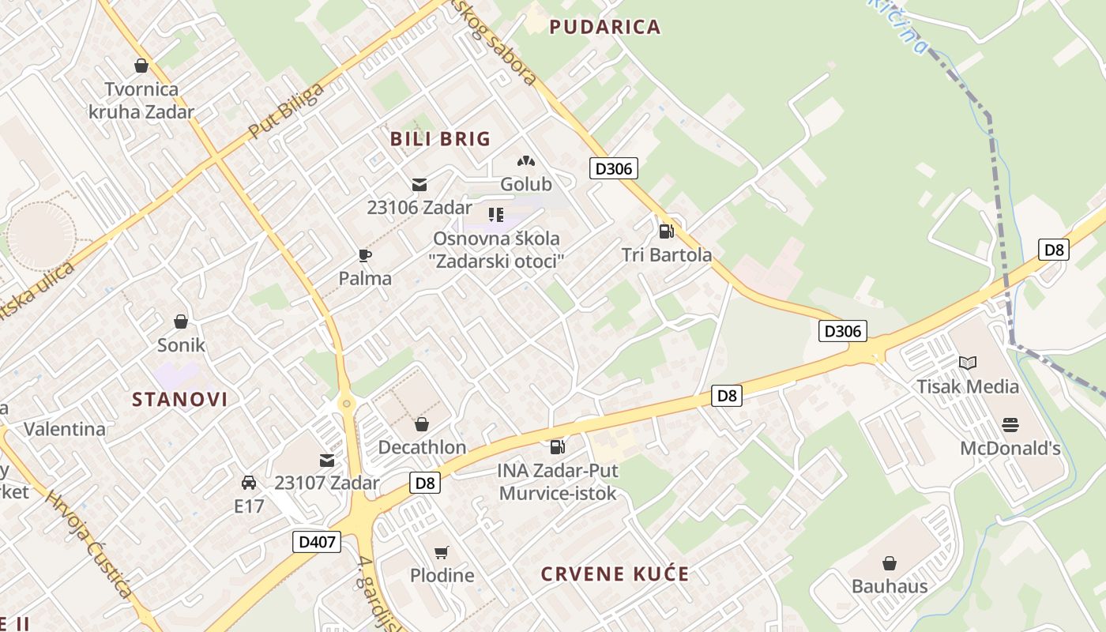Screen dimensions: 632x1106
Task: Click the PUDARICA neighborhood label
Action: (604, 27)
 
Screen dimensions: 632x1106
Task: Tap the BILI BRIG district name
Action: (440, 139)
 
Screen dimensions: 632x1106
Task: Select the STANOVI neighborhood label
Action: (179, 399)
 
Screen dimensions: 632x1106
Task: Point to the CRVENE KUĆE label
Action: (615, 574)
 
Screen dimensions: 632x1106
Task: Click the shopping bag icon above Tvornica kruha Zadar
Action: (141, 66)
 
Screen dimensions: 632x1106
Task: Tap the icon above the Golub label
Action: (525, 161)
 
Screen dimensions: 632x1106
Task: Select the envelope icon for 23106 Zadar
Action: (419, 185)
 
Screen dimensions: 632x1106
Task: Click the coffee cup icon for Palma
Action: (364, 255)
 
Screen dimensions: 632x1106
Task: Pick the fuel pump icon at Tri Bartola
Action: (666, 231)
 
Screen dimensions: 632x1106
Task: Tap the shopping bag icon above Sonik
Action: (181, 322)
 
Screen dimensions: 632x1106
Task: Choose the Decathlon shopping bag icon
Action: (422, 424)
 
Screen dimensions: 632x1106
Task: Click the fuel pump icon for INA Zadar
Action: (557, 447)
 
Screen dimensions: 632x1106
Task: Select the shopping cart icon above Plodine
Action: (442, 552)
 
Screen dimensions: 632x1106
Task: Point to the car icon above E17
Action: (249, 482)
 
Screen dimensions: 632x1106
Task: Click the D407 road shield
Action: (317, 542)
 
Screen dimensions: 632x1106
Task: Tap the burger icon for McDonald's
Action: (1010, 425)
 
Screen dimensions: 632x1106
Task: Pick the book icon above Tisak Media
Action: (968, 363)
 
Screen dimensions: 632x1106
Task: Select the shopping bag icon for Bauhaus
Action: (890, 563)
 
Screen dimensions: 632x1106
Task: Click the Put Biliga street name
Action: (286, 111)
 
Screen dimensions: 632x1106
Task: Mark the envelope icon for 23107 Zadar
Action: (326, 461)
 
